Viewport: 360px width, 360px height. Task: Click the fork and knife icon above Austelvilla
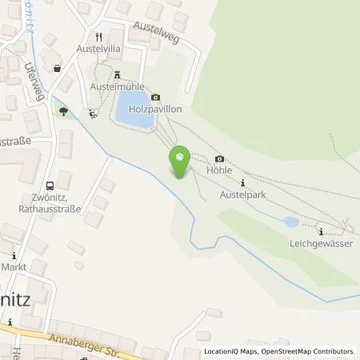(x=98, y=36)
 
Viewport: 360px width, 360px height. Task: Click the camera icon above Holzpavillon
(x=155, y=96)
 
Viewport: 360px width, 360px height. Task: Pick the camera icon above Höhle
(x=219, y=158)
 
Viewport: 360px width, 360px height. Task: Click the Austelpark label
(x=242, y=194)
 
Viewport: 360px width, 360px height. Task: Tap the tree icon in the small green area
(x=63, y=113)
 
